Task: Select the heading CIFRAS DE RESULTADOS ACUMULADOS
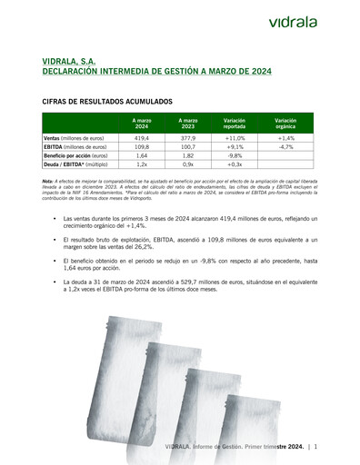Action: [109, 104]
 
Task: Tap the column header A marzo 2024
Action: [141, 123]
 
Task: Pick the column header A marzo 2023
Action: [188, 123]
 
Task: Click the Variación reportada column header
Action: [235, 123]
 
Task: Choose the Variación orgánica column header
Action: [285, 123]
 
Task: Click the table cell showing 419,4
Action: [141, 137]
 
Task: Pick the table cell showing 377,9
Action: [188, 137]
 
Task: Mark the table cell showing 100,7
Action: [188, 146]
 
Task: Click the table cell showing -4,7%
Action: [285, 146]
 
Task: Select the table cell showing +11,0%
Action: [235, 137]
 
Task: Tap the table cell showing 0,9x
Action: [188, 164]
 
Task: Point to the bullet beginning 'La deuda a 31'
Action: [190, 286]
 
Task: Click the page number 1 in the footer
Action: [315, 447]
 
